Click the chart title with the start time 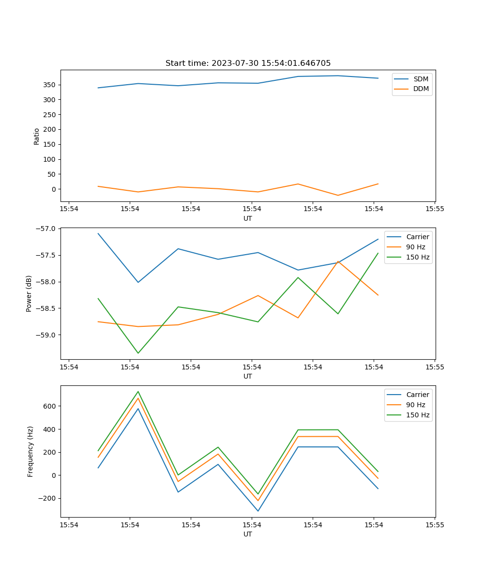(x=248, y=63)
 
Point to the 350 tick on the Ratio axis (x=50, y=85)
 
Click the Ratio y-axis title (x=37, y=136)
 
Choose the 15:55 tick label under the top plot (x=435, y=209)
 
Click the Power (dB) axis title (x=30, y=293)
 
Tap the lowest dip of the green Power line (x=138, y=353)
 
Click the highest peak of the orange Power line (x=338, y=261)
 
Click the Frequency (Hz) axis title (x=30, y=451)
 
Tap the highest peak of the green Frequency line (x=138, y=391)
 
